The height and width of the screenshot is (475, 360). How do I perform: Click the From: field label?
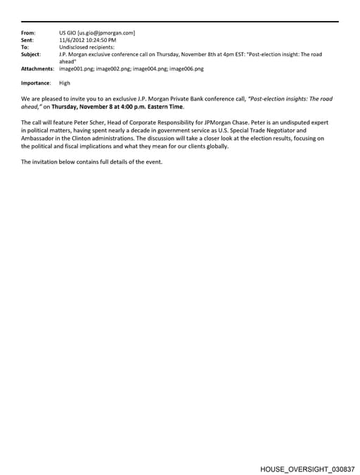[28, 33]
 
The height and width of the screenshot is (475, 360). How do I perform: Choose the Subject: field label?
[31, 54]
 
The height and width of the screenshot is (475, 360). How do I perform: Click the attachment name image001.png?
[77, 69]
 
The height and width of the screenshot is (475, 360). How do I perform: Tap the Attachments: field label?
[37, 69]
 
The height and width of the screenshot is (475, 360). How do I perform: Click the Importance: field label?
[36, 83]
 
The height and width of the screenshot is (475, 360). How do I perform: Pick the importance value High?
[65, 83]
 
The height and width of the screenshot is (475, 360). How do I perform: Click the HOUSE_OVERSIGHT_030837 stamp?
[307, 468]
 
